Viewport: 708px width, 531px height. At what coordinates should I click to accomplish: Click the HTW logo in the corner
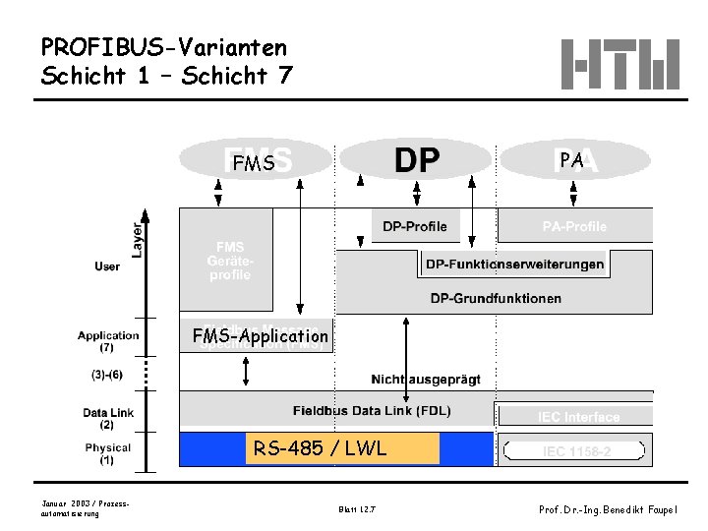point(621,63)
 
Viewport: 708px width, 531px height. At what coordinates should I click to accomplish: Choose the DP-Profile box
point(414,227)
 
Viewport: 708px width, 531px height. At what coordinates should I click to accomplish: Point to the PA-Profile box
point(575,227)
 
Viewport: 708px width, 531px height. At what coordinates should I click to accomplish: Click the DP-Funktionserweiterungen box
point(514,265)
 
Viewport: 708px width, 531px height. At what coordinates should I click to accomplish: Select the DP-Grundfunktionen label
point(496,298)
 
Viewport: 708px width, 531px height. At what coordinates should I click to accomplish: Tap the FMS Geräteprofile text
point(228,261)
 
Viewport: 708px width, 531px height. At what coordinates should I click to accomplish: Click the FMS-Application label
point(261,336)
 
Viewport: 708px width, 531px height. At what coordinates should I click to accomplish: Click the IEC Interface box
point(577,417)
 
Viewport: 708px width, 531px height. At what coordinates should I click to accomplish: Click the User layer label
point(108,265)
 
